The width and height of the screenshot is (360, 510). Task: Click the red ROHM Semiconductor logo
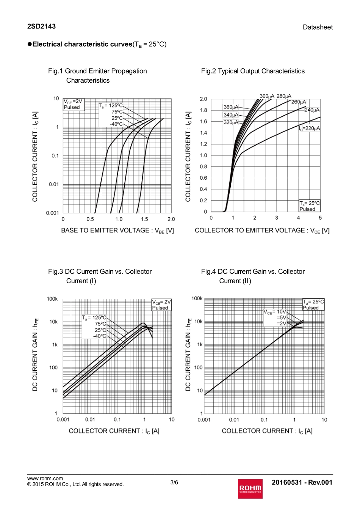pos(250,489)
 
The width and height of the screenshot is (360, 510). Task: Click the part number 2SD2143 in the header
pos(41,26)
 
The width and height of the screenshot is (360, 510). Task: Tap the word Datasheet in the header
pos(318,27)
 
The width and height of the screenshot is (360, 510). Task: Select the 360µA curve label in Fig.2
pos(231,107)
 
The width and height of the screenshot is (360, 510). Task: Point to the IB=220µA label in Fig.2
pos(309,129)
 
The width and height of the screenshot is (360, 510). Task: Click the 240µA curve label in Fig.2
pos(312,110)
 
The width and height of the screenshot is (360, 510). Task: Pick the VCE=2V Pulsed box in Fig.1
pos(73,104)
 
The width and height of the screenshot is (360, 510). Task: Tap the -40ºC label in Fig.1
pos(116,124)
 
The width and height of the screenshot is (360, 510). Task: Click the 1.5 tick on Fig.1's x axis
pos(144,219)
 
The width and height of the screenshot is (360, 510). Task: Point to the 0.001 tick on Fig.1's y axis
pos(52,213)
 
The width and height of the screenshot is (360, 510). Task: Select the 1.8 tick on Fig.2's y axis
pos(203,110)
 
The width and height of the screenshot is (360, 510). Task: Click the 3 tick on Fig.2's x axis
pos(277,218)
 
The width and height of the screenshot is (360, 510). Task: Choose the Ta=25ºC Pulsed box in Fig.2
pos(310,206)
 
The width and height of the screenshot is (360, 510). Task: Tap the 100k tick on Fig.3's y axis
pos(52,299)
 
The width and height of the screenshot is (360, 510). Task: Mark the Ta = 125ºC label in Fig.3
pos(94,318)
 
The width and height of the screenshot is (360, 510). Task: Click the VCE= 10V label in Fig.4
pos(275,312)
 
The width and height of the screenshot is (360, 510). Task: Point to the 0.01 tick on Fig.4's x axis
pos(234,420)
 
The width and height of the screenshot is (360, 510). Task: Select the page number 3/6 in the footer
pos(174,482)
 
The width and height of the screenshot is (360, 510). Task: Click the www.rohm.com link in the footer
pos(45,478)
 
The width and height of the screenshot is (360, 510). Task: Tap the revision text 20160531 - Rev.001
pos(302,482)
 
